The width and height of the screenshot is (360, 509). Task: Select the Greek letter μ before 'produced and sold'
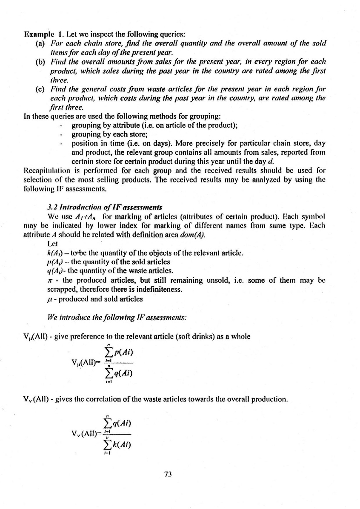(x=52, y=299)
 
